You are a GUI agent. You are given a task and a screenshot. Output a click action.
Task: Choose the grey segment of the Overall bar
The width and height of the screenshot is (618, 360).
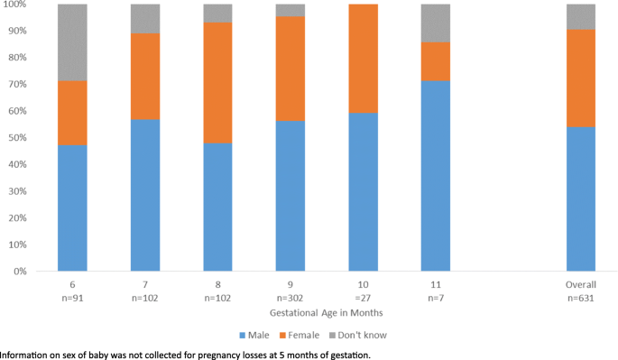point(581,16)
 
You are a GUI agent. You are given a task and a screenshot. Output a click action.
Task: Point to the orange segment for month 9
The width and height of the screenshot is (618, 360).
point(291,69)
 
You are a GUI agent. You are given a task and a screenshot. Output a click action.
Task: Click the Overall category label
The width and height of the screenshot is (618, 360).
point(581,282)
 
